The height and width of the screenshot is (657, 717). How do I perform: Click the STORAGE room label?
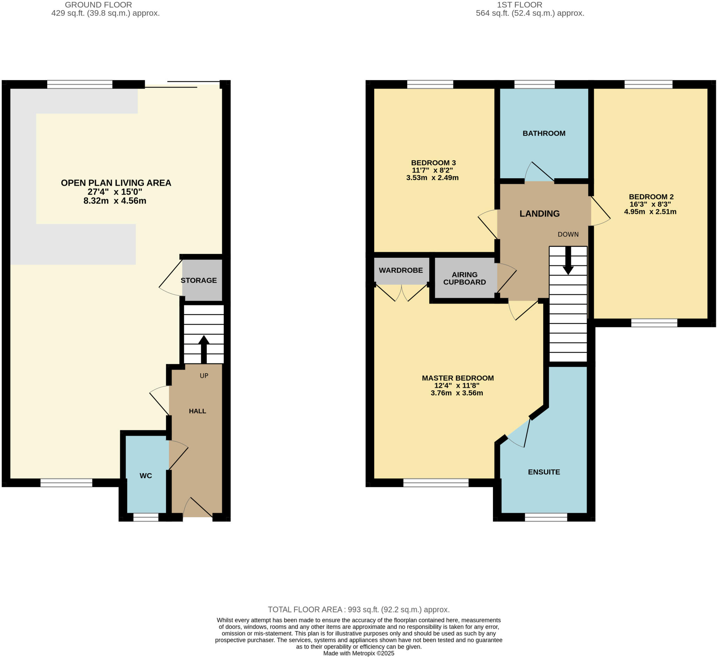(x=199, y=280)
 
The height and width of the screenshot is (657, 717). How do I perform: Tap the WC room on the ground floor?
(x=146, y=475)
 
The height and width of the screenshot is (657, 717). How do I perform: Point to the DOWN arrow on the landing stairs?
(x=568, y=261)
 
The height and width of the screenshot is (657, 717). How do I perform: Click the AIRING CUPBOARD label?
(x=465, y=278)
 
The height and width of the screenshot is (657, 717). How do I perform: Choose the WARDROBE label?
(x=401, y=270)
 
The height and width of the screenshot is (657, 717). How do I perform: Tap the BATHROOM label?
(x=544, y=133)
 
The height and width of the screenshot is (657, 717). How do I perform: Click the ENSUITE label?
(x=544, y=472)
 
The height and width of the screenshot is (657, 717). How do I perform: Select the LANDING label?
(x=539, y=213)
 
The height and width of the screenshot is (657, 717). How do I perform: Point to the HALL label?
(x=197, y=411)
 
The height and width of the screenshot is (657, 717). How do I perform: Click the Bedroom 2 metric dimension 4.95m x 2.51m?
(x=650, y=212)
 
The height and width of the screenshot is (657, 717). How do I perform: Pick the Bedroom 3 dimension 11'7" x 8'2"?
(x=432, y=170)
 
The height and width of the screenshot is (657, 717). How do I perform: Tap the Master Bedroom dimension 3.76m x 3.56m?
(x=457, y=393)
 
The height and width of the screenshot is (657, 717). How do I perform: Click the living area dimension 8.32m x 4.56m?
(x=115, y=201)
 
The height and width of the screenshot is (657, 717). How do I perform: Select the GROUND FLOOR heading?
(x=98, y=5)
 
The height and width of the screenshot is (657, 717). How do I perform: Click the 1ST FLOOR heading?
(x=519, y=5)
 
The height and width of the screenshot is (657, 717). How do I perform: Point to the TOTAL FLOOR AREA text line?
(x=358, y=610)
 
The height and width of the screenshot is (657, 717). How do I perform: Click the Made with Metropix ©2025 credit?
(x=358, y=653)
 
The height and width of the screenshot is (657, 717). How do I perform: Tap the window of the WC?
(x=146, y=517)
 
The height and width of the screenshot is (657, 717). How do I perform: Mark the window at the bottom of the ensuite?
(x=546, y=517)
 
